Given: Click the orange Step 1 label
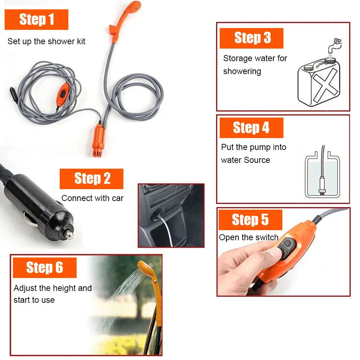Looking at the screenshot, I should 36,19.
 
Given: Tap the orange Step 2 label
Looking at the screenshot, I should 91,179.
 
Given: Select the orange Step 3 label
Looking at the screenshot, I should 251,38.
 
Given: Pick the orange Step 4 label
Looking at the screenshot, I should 251,128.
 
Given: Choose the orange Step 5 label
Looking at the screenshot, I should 250,220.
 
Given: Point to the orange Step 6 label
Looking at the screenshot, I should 45,268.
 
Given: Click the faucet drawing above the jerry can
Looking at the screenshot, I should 335,45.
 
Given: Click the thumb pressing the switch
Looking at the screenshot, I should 266,252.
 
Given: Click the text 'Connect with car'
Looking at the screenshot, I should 92,198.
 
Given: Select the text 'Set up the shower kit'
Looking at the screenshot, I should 46,41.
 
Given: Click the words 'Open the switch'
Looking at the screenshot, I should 249,237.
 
